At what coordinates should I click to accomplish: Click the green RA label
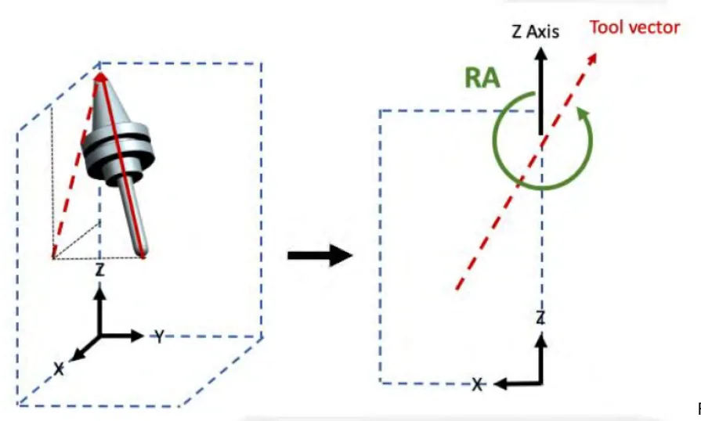tap(482, 77)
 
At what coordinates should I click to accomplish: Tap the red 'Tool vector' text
tap(635, 27)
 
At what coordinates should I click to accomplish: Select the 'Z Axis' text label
tap(535, 32)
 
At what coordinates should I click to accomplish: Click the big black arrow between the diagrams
tap(320, 255)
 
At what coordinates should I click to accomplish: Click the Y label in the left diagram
tap(159, 336)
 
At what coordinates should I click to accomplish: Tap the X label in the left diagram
tap(59, 369)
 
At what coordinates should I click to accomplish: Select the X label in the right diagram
tap(478, 384)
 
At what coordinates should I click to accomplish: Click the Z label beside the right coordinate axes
tap(540, 318)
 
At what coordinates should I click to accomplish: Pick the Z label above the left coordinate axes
tap(99, 270)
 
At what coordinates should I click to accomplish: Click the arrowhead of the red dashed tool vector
tap(592, 59)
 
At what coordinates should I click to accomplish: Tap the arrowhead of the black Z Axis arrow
tap(541, 54)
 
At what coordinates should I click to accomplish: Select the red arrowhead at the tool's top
tap(101, 77)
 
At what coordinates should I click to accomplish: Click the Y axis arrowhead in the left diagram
tap(137, 335)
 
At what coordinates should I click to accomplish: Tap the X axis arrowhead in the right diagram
tap(500, 383)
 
